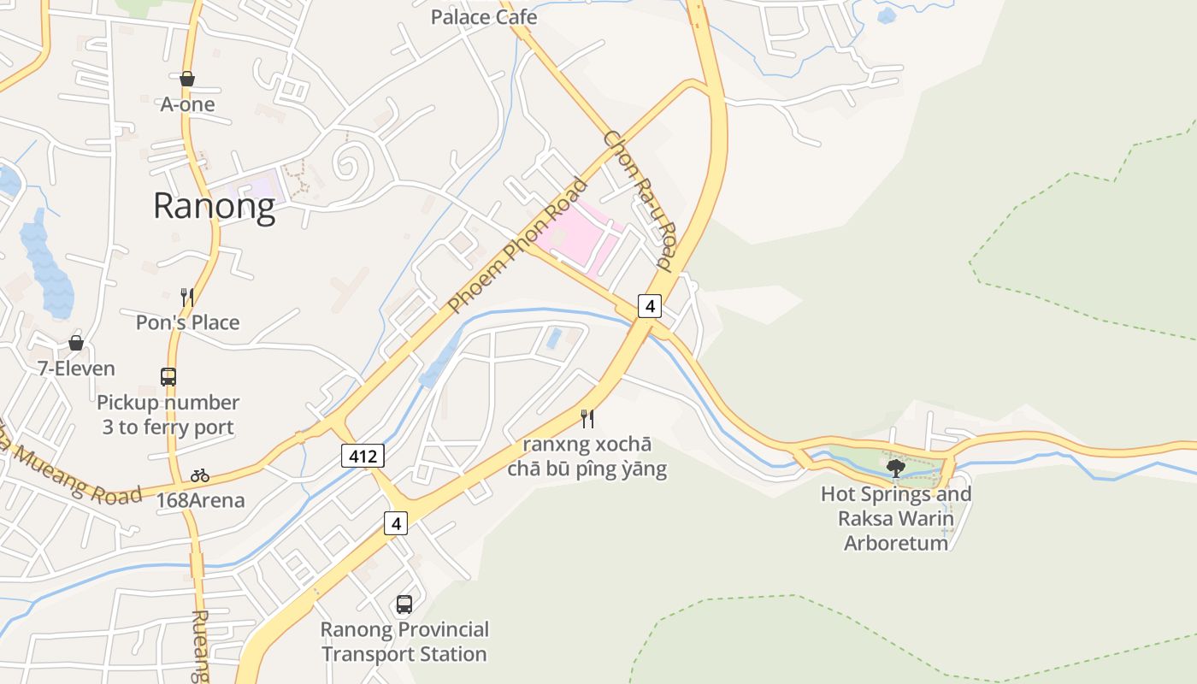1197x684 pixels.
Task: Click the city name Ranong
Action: (214, 206)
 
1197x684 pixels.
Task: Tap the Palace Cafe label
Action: (484, 17)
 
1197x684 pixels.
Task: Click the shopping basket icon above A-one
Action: (187, 80)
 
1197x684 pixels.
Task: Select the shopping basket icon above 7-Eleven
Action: (76, 343)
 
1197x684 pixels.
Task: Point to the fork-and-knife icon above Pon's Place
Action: (187, 297)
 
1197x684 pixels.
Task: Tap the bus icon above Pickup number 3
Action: (168, 376)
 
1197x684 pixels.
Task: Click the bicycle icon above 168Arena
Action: (200, 475)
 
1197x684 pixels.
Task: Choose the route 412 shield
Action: (363, 456)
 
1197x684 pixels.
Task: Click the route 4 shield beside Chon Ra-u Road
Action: (650, 305)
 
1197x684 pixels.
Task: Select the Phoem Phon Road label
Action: (519, 245)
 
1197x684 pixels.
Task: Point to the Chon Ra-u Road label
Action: (640, 198)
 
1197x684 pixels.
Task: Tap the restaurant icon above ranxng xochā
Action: (587, 418)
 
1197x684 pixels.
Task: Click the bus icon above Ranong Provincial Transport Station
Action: (404, 604)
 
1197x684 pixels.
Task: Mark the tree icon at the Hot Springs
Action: (896, 468)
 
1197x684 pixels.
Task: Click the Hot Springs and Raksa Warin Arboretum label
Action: (896, 518)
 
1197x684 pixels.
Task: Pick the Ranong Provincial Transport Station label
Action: (404, 642)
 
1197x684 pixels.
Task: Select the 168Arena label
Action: (200, 500)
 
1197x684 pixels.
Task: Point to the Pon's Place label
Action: (187, 322)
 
